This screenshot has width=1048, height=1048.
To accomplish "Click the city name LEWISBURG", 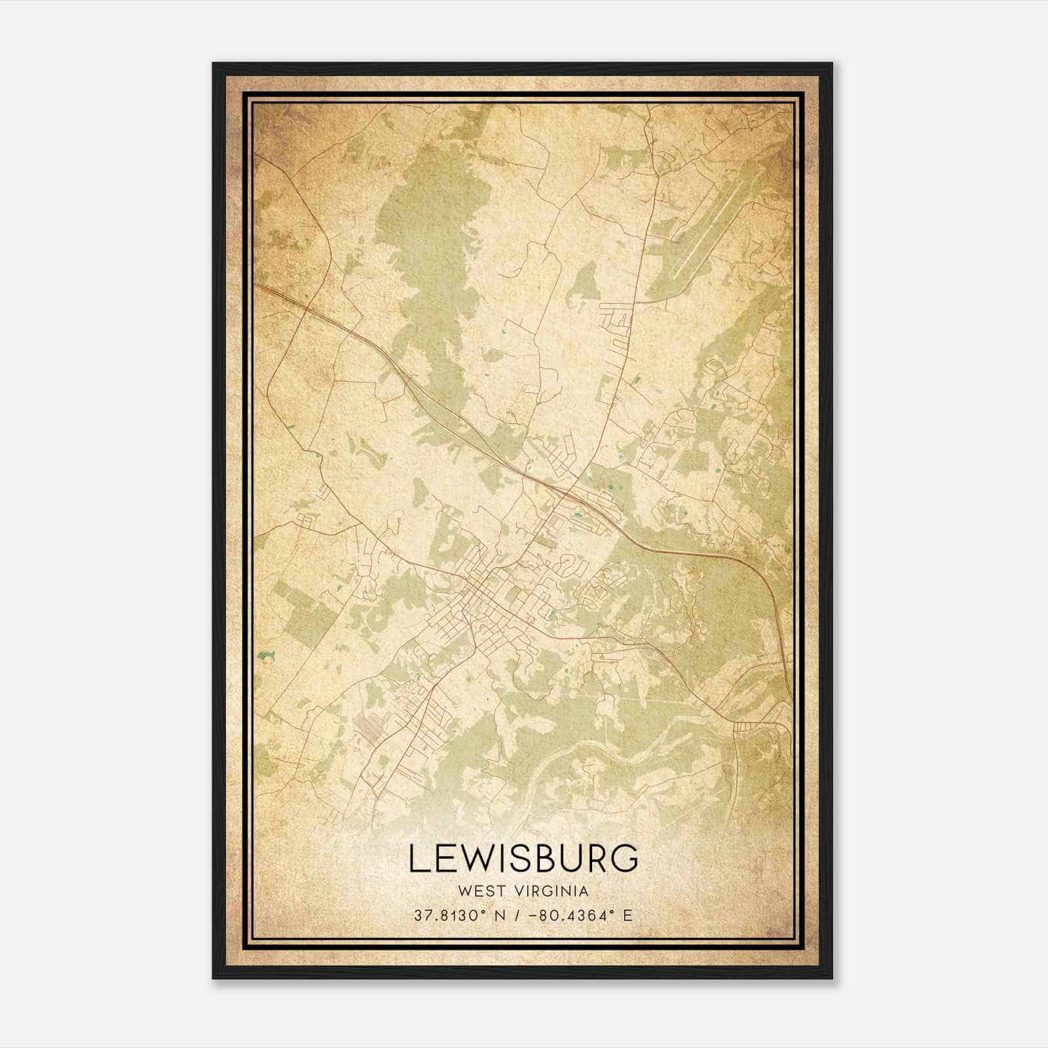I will (523, 858).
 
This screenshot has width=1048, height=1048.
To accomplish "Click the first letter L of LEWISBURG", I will (418, 858).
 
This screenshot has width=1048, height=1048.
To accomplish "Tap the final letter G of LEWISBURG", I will (626, 858).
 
